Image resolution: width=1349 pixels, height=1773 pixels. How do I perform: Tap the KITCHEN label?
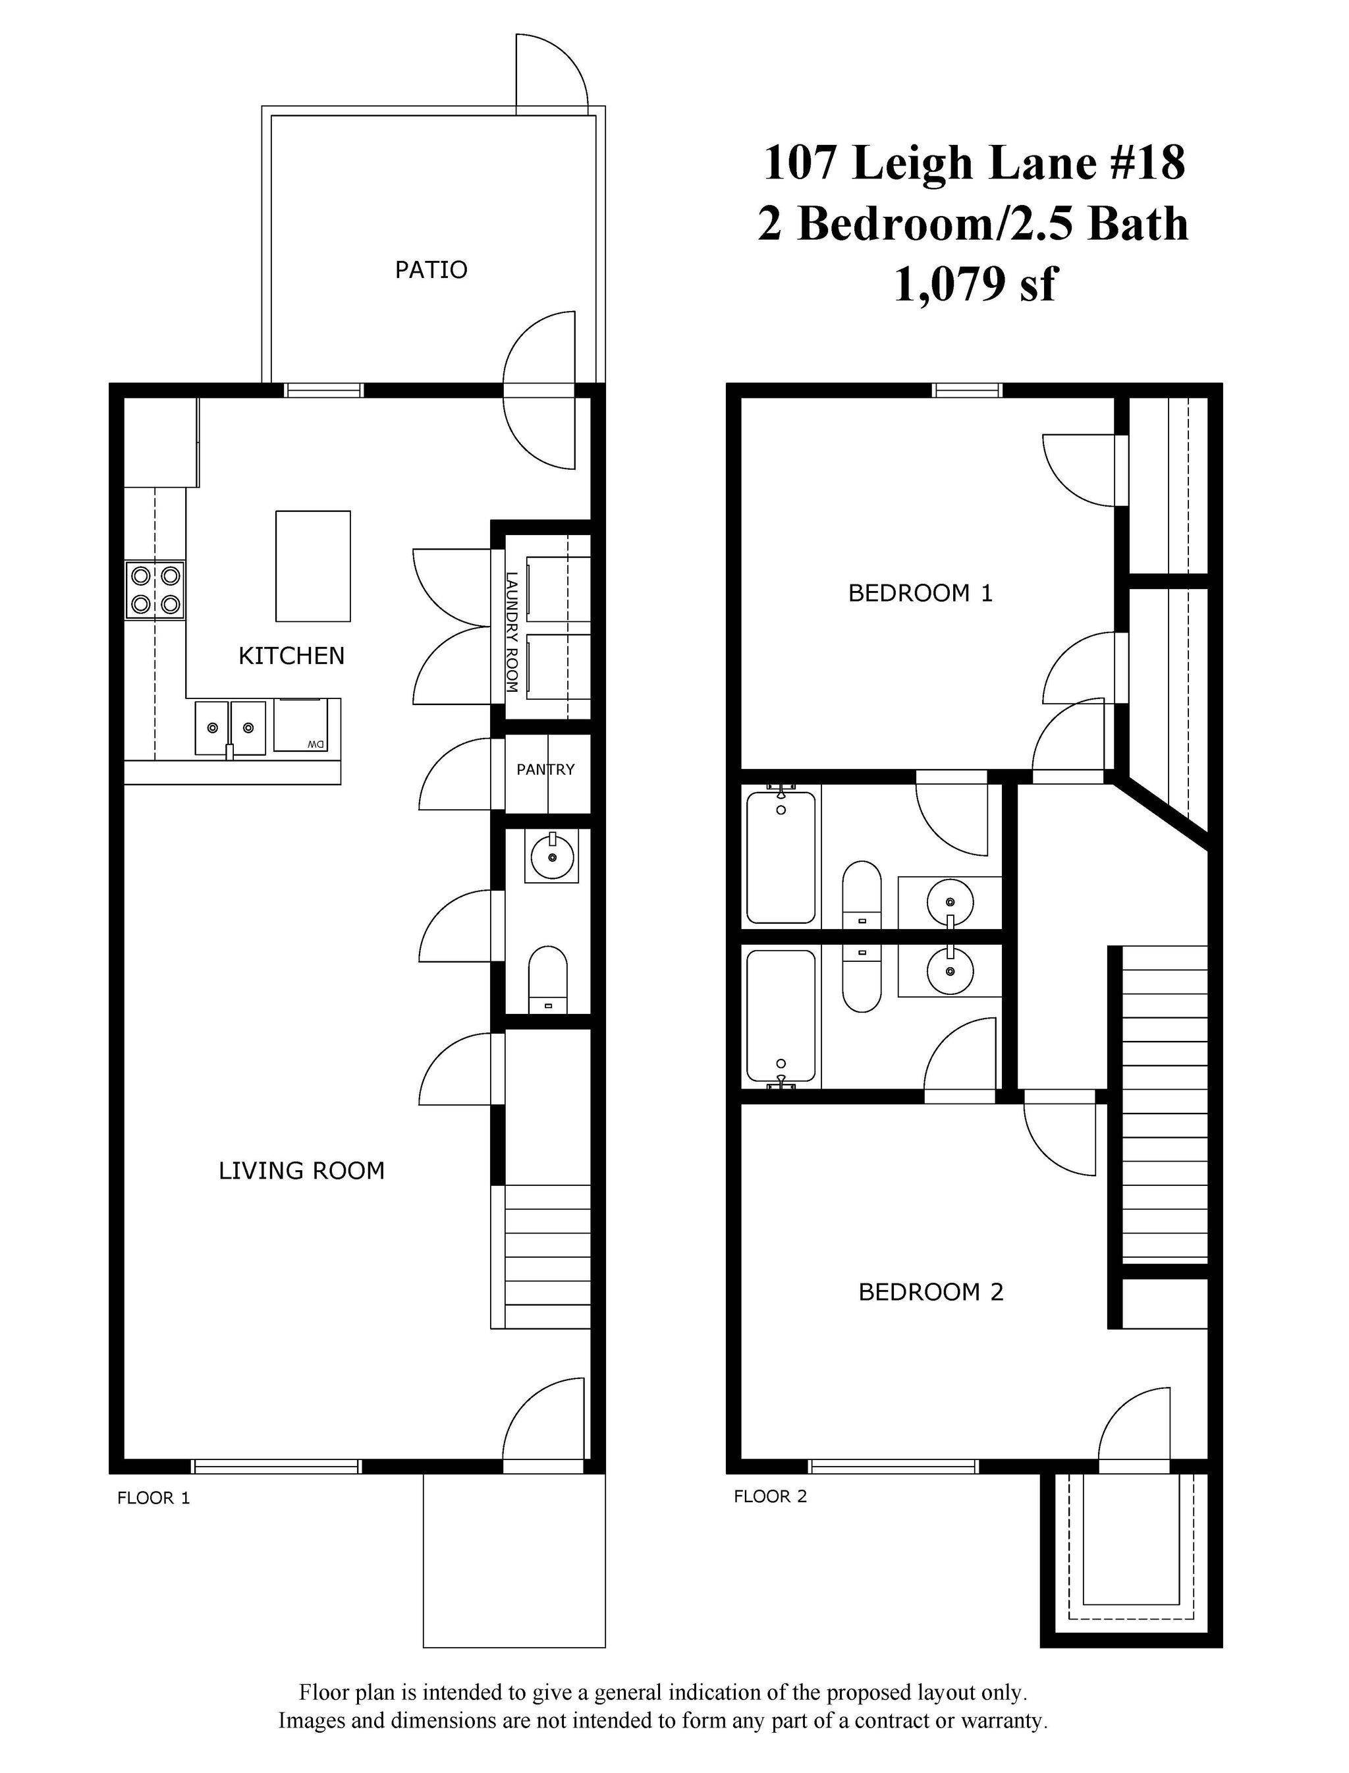[292, 656]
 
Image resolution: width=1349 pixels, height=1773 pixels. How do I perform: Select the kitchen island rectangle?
[312, 566]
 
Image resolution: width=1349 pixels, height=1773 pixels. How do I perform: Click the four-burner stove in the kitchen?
[155, 590]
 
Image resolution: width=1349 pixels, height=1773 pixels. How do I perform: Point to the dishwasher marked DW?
[300, 725]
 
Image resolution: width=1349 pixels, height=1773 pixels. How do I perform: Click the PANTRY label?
[545, 770]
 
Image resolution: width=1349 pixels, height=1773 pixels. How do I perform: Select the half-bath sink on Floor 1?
[551, 856]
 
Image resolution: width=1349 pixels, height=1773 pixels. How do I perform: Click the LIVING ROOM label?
[301, 1171]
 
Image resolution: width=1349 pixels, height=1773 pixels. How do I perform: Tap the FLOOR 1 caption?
[153, 1498]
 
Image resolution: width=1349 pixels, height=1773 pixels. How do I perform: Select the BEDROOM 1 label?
[920, 594]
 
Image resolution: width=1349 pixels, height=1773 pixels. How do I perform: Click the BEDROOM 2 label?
[931, 1292]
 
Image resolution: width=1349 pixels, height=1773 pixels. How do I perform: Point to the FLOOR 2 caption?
[770, 1496]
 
